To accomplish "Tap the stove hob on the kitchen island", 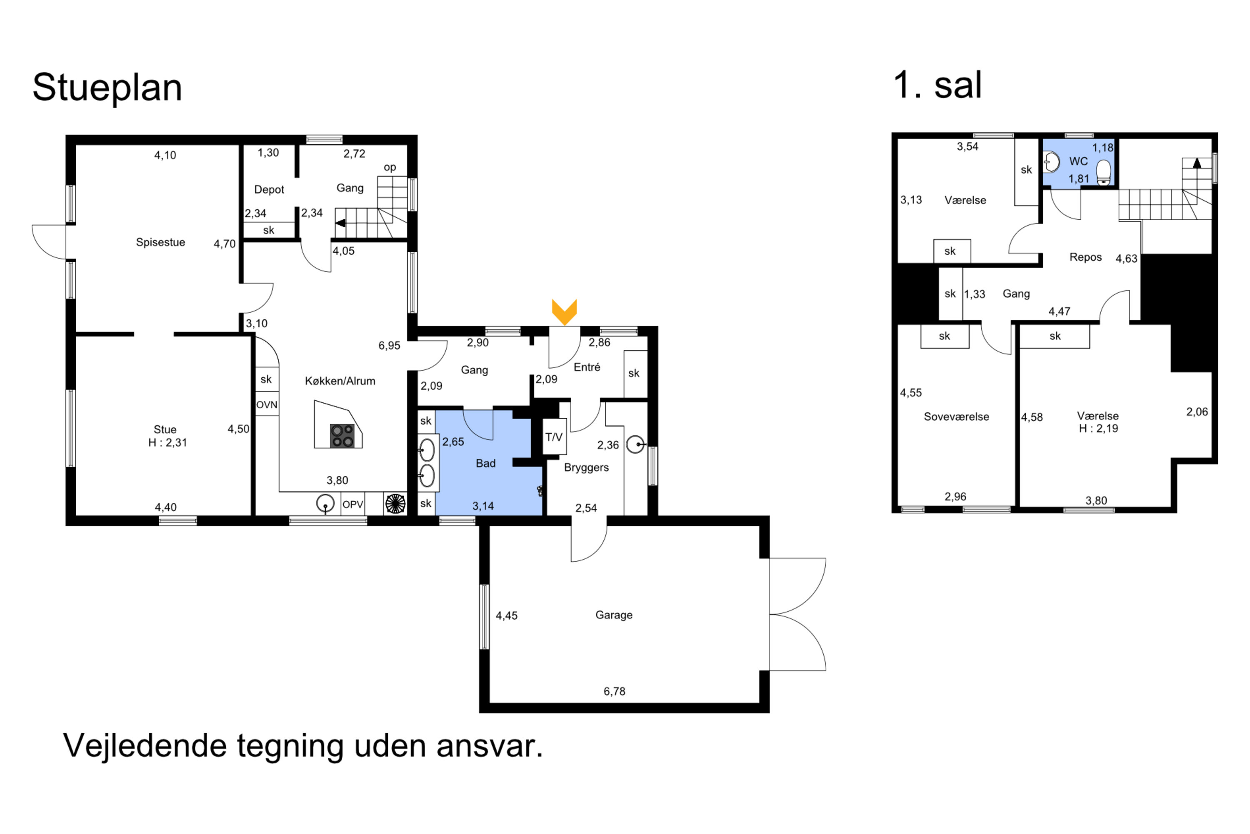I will click(342, 436).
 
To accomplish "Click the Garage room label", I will click(613, 615).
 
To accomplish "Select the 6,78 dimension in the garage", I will click(614, 691).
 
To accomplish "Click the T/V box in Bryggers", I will click(553, 437).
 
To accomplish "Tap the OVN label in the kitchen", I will click(267, 405).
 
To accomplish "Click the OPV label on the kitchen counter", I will click(352, 504).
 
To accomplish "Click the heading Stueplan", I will click(107, 88).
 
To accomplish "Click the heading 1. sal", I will click(937, 85).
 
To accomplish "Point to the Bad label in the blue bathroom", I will click(485, 463).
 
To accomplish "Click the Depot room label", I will click(269, 189).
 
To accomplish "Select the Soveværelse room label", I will click(956, 417).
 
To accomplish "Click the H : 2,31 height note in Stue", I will click(167, 442).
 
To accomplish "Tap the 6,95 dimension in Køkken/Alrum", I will click(389, 346).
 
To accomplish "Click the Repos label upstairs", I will click(1085, 257).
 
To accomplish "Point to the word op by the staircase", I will click(390, 168).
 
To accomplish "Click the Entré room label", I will click(587, 367).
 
